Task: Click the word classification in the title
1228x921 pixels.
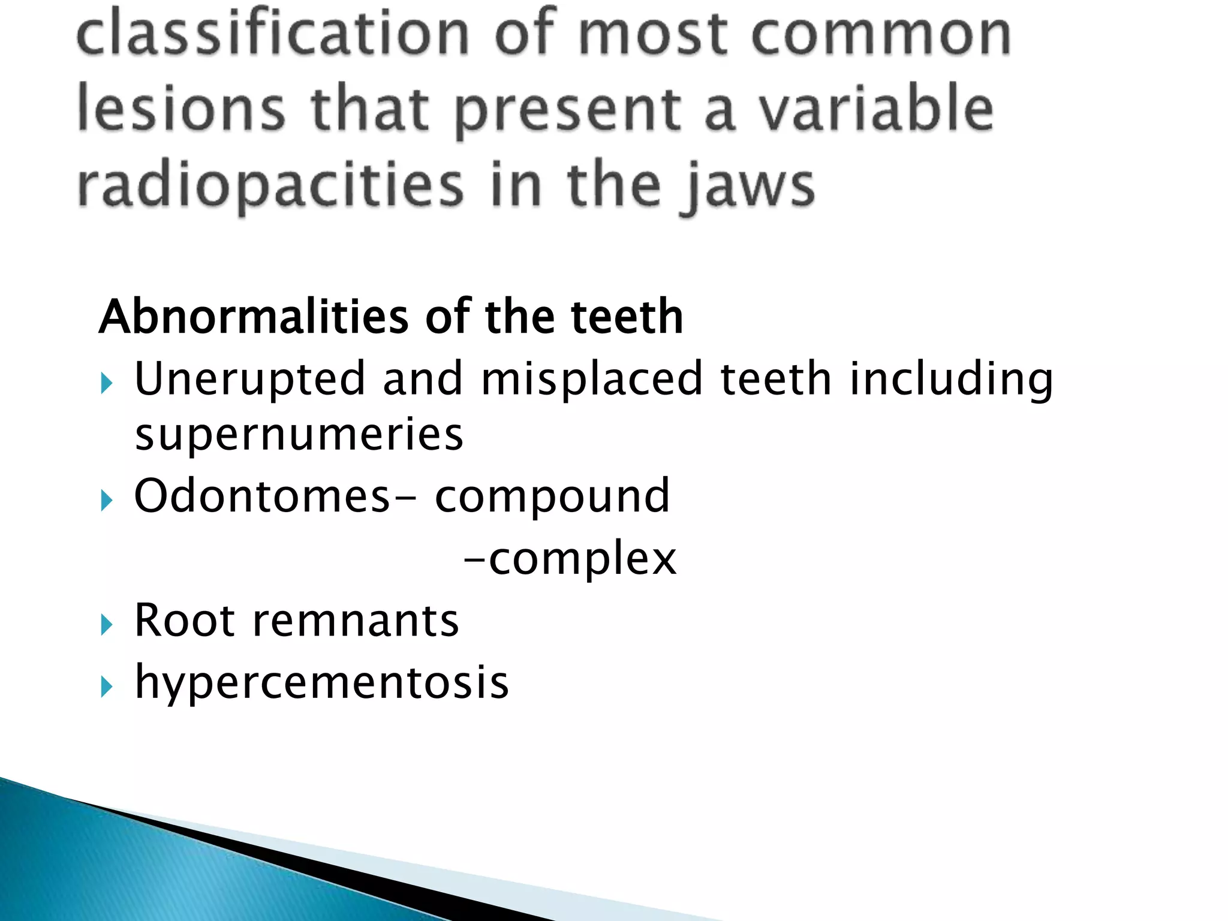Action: [x=273, y=33]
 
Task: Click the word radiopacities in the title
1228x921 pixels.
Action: [x=270, y=185]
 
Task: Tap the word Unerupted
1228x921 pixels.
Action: [x=249, y=380]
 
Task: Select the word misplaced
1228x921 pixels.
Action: [x=591, y=380]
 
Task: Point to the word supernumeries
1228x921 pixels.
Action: [x=299, y=435]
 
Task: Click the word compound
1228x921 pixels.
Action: [x=552, y=497]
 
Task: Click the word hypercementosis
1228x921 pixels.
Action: [x=322, y=683]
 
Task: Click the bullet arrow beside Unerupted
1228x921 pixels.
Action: [x=107, y=383]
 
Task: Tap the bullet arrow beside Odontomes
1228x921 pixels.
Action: [x=107, y=500]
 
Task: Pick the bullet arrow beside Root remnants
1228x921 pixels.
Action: [x=107, y=625]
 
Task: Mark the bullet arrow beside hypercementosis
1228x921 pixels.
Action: [x=107, y=687]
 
